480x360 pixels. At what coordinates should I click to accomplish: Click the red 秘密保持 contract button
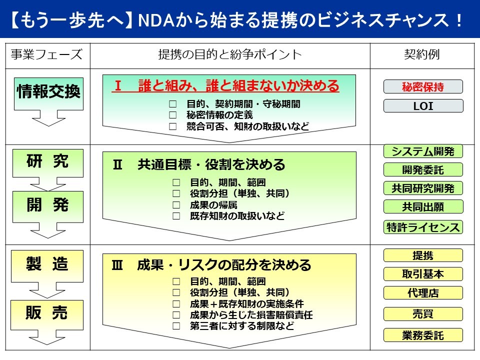[x=423, y=87]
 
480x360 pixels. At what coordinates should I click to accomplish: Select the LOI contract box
[x=423, y=106]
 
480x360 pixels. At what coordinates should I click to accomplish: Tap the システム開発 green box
[x=423, y=151]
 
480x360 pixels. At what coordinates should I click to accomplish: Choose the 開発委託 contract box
[x=423, y=170]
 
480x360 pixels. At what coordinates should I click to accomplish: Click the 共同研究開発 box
[x=423, y=188]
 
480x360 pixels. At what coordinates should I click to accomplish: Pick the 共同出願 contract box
[x=423, y=206]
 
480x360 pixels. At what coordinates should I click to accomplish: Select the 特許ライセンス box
[x=423, y=227]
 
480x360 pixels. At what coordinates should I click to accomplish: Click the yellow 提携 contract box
[x=423, y=255]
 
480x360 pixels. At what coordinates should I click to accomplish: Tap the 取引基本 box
[x=423, y=274]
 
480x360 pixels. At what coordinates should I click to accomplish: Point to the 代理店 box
[x=423, y=293]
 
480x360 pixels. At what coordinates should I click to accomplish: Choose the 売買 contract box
[x=423, y=314]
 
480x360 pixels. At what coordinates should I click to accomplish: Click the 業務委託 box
[x=423, y=335]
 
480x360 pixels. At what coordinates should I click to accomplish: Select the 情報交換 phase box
[x=48, y=91]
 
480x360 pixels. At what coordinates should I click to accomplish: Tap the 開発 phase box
[x=48, y=204]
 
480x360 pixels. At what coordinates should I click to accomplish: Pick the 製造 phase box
[x=48, y=263]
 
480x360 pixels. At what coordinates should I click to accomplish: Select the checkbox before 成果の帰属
[x=175, y=205]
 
